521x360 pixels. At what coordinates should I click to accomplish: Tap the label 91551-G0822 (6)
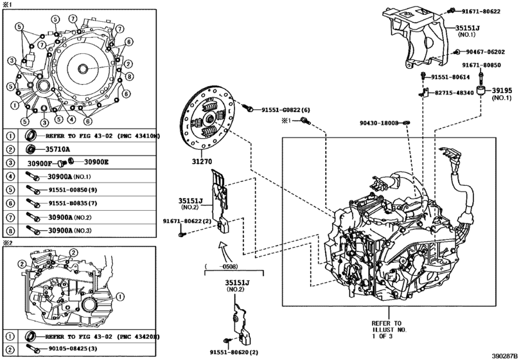285,111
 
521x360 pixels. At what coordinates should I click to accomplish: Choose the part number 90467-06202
486,52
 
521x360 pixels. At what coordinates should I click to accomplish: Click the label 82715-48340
454,93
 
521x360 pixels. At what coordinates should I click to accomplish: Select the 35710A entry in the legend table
58,149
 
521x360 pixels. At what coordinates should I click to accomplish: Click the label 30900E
96,162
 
